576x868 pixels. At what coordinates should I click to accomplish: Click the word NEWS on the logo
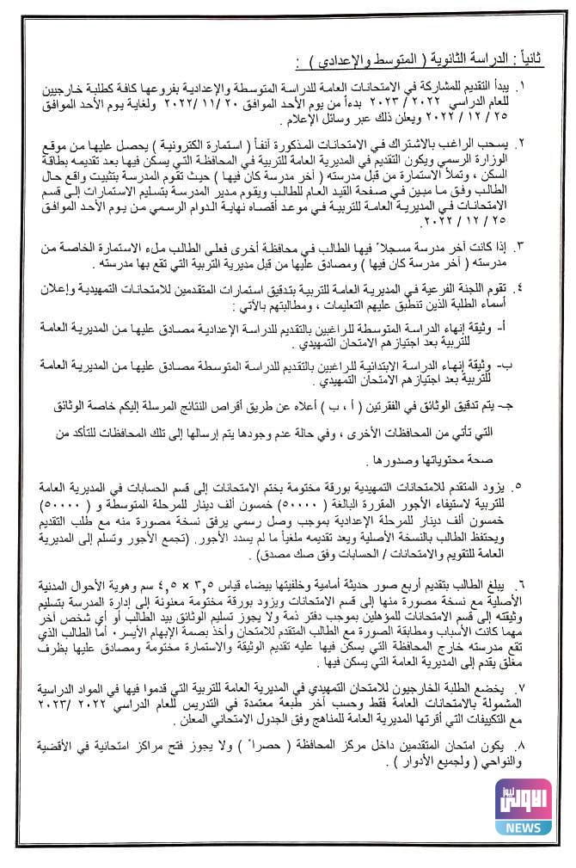pos(522,827)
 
